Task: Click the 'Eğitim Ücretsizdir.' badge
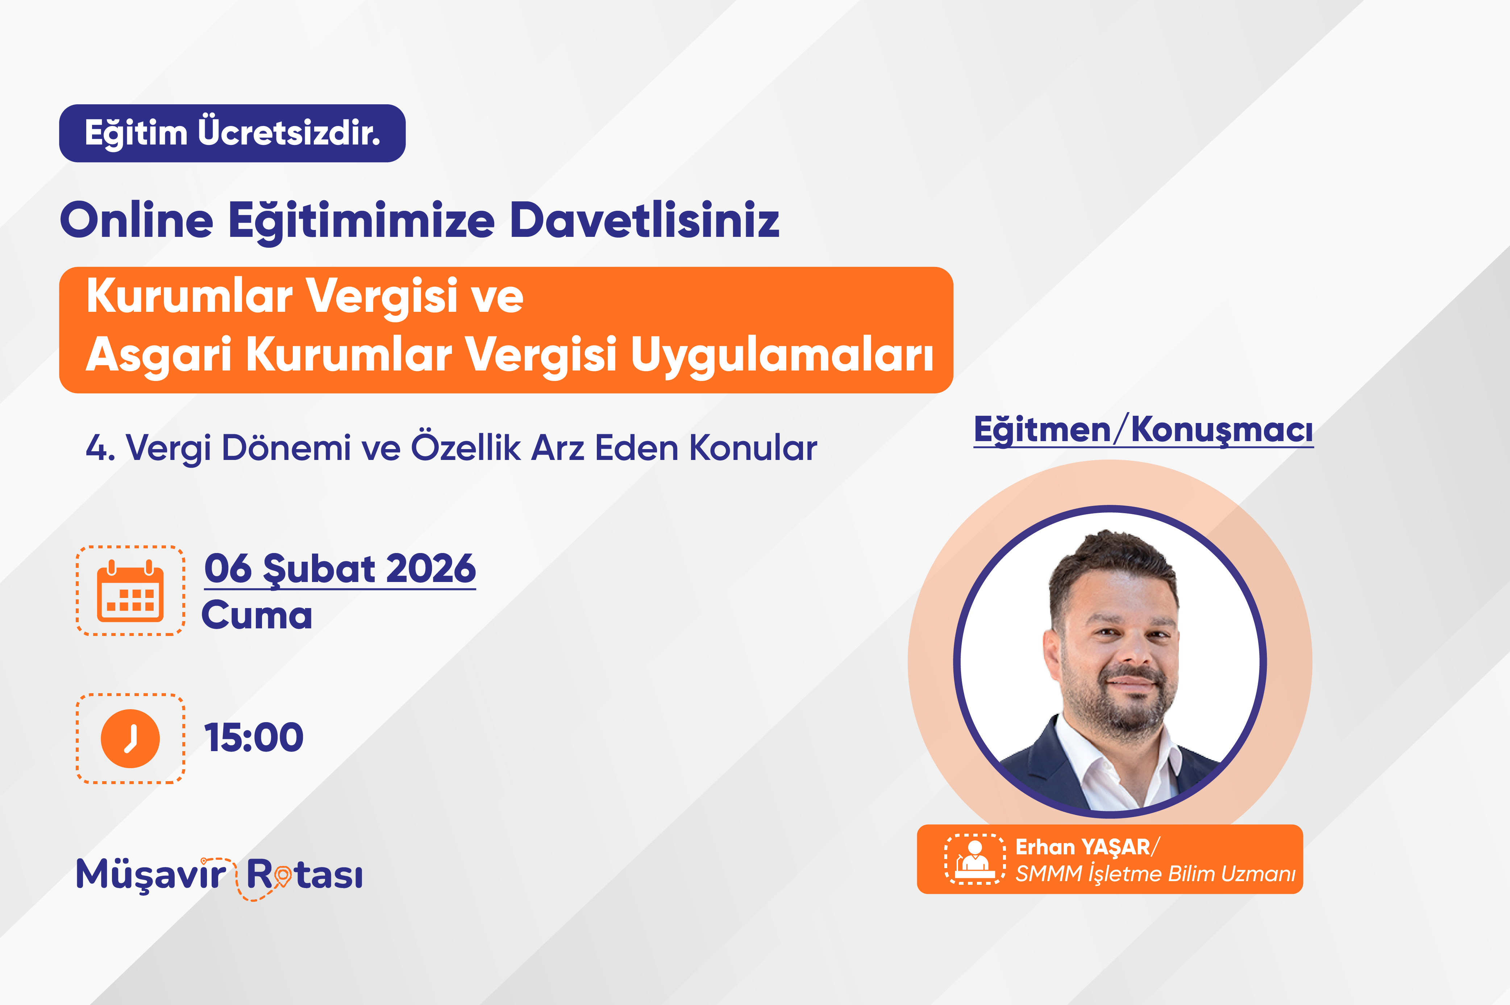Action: click(232, 133)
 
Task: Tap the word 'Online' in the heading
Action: click(137, 220)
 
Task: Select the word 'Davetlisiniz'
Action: click(644, 220)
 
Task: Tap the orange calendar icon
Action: click(130, 591)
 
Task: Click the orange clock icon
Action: click(130, 738)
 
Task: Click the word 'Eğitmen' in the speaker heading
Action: click(1042, 430)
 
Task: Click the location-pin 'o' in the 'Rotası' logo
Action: click(282, 876)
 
